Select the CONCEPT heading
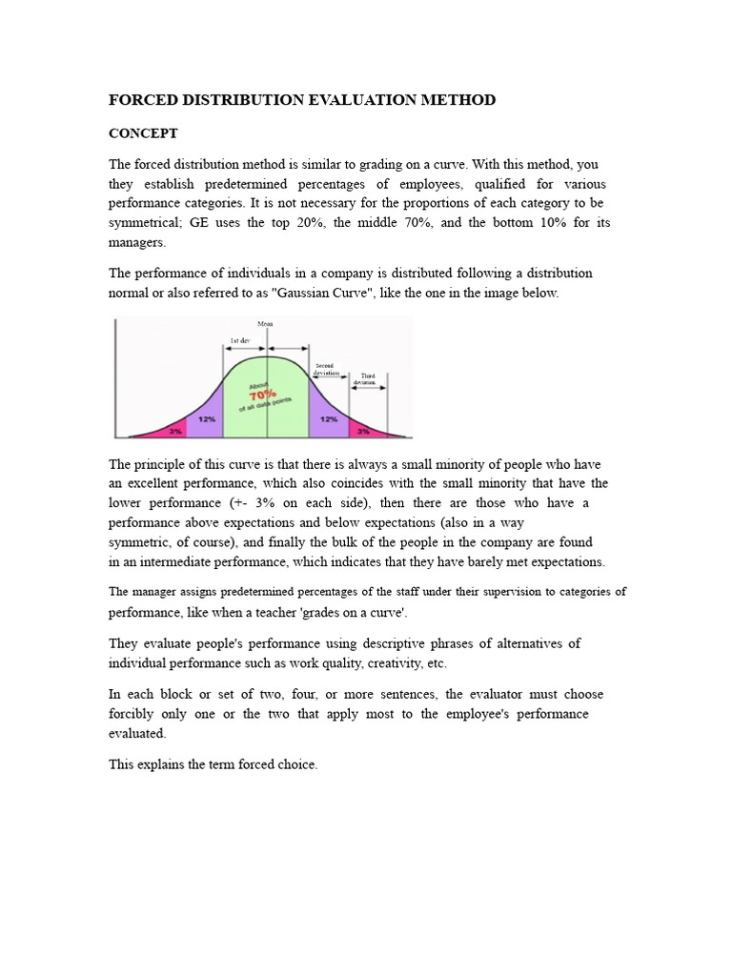click(143, 133)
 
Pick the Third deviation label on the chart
click(366, 379)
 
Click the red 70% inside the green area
click(264, 392)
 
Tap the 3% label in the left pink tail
click(175, 431)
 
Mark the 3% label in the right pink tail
click(363, 431)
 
